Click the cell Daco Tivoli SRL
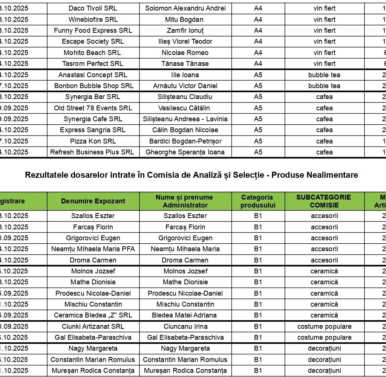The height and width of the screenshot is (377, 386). click(93, 8)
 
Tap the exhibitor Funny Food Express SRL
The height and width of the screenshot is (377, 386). click(93, 31)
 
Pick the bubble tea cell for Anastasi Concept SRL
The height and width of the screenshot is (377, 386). click(324, 75)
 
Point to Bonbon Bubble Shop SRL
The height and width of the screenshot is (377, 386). click(93, 86)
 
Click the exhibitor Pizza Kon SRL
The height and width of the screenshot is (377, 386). click(93, 141)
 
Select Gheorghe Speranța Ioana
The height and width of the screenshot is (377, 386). click(185, 152)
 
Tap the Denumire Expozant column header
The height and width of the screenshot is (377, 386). click(93, 201)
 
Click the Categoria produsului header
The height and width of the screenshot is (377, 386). click(258, 201)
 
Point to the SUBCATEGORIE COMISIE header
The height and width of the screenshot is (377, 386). click(324, 201)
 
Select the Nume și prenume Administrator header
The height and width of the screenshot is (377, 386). click(185, 201)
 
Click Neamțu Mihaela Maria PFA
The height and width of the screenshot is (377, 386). click(93, 249)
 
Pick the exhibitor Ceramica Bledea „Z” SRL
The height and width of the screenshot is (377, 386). click(93, 315)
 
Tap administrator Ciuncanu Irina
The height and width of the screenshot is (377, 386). click(185, 327)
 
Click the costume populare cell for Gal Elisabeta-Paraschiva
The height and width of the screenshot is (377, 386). click(324, 337)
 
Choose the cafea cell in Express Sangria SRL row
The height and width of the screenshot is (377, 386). click(324, 130)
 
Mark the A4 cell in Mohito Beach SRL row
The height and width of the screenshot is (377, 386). click(258, 53)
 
